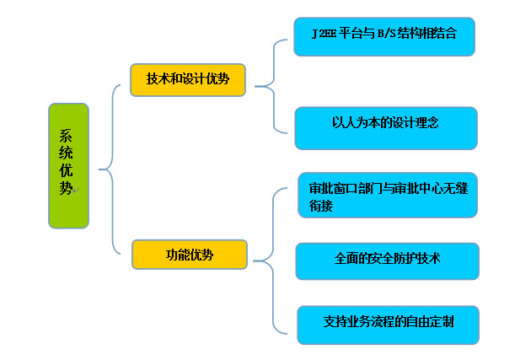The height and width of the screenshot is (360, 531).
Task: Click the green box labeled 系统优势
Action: pos(68,165)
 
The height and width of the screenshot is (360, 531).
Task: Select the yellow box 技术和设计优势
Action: pos(187,79)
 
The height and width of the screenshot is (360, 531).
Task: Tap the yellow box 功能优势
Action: pos(189,255)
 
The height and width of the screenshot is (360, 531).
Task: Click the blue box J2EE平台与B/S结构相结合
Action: pos(383,36)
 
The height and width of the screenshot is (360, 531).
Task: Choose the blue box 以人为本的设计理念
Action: pos(386,127)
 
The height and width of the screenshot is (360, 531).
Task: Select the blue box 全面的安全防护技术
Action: pos(387,261)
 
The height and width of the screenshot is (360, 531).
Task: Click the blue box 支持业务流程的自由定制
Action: pos(388,325)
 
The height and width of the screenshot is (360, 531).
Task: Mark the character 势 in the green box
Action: pos(67,188)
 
